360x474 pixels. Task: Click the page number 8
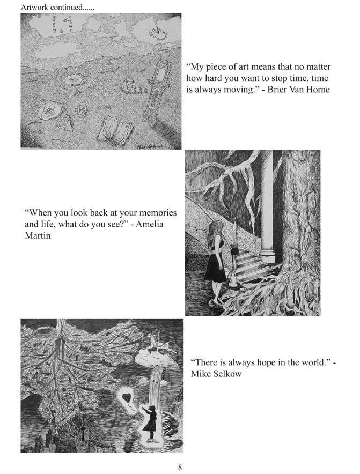point(180,467)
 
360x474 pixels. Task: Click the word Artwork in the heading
point(34,8)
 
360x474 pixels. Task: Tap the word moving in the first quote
point(239,90)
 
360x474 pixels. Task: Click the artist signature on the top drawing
point(150,146)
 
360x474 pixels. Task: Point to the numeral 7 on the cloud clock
point(54,31)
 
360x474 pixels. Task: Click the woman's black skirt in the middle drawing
point(215,266)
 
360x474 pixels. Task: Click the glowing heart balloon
point(127,397)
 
